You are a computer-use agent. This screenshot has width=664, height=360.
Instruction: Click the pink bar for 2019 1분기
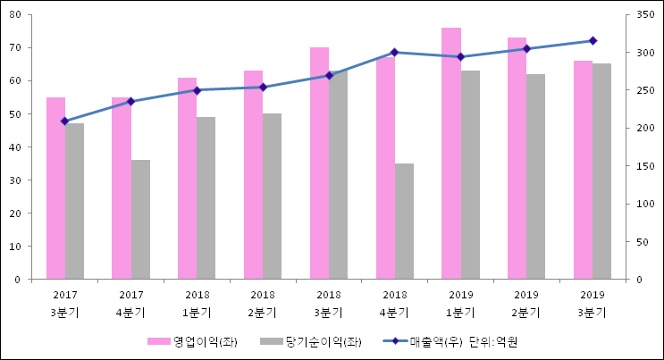[450, 154]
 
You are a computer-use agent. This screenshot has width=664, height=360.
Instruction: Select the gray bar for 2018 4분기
[404, 222]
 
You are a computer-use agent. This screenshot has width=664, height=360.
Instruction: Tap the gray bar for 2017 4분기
[140, 220]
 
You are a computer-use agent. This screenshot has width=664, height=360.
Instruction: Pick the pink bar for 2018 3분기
[319, 163]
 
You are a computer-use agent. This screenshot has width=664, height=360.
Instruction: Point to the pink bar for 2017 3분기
[55, 188]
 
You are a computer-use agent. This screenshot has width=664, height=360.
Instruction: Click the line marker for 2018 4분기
[394, 52]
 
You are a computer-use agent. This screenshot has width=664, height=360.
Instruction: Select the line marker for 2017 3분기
[64, 121]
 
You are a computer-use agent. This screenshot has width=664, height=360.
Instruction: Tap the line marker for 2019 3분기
[593, 40]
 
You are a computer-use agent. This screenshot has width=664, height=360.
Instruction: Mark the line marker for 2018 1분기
[197, 90]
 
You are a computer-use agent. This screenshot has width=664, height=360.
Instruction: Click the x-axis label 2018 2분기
[263, 304]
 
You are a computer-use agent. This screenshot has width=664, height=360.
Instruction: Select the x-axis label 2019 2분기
[526, 304]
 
